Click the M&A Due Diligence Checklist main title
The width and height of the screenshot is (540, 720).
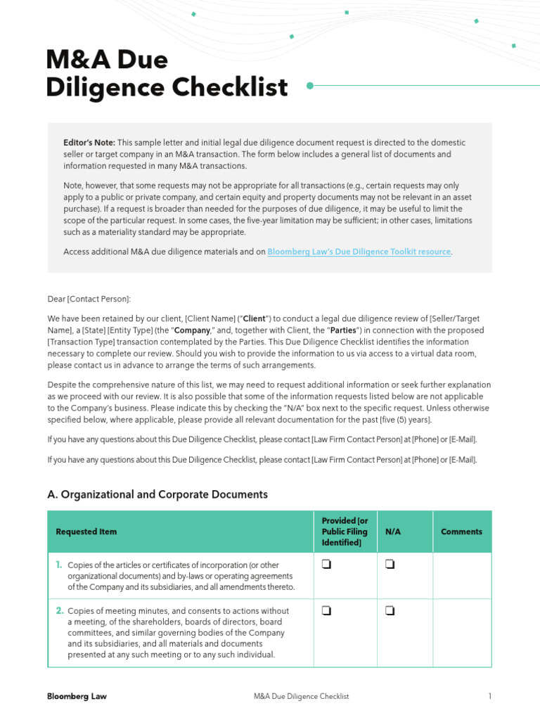[x=167, y=74]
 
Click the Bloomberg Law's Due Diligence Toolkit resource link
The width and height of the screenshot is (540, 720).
[x=359, y=252]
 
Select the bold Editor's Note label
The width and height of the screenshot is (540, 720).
[x=89, y=143]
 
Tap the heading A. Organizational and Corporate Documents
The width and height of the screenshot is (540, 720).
[x=157, y=494]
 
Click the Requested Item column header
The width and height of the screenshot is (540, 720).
[x=86, y=532]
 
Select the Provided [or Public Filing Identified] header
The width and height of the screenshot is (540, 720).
[x=345, y=532]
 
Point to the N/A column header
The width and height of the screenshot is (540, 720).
[x=393, y=532]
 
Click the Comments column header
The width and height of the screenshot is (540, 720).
[x=461, y=532]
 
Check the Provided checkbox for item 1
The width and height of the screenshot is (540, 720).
[x=326, y=564]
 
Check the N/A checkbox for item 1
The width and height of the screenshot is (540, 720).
[x=390, y=564]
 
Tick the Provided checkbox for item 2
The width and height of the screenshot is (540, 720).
[x=326, y=610]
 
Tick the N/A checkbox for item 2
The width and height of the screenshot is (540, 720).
[x=390, y=610]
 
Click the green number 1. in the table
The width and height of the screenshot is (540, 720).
[x=59, y=565]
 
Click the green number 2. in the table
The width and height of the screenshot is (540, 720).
[x=60, y=610]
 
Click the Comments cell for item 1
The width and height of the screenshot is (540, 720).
[x=461, y=575]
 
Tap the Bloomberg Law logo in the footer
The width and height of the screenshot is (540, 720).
[x=77, y=696]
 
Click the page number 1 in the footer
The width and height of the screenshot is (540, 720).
[x=489, y=696]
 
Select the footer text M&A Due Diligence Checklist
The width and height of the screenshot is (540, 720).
[x=301, y=696]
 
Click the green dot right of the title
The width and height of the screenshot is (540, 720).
[x=310, y=86]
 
